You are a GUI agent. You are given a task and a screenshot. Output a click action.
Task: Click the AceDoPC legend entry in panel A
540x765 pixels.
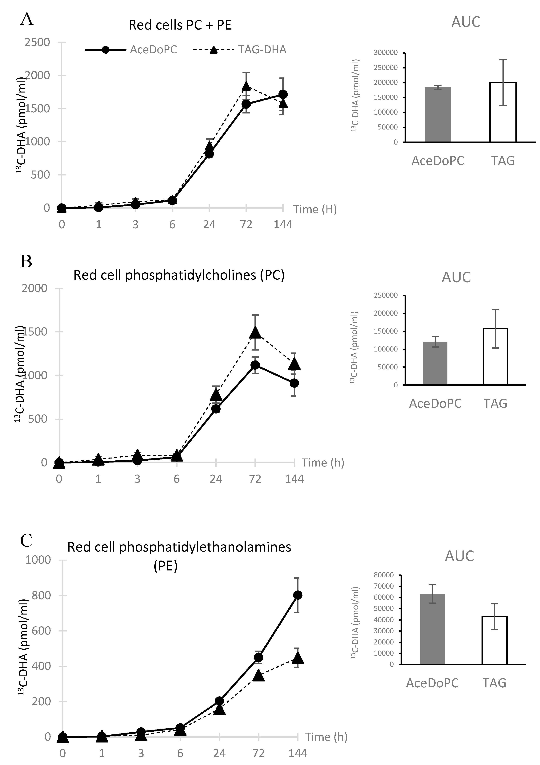coord(153,50)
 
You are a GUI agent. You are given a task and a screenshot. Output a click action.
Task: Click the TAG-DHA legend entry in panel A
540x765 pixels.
coord(262,50)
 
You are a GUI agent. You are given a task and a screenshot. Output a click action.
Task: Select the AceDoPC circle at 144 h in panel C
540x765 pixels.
coord(298,595)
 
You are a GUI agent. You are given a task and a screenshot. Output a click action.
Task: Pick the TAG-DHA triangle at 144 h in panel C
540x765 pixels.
coord(298,658)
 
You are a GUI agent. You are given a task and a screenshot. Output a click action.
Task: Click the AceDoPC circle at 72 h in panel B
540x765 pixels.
coord(255,365)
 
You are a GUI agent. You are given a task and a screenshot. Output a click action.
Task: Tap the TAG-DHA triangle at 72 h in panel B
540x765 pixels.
coord(255,332)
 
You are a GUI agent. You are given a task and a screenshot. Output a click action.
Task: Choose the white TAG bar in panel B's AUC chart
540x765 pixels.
coord(495,356)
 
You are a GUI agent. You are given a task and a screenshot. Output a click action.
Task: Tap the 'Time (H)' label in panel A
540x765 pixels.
coord(315,209)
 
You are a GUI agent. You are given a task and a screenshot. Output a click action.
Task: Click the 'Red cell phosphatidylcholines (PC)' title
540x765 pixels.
coord(179,275)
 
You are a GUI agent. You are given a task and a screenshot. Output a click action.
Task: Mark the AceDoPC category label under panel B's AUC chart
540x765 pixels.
coord(435,404)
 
